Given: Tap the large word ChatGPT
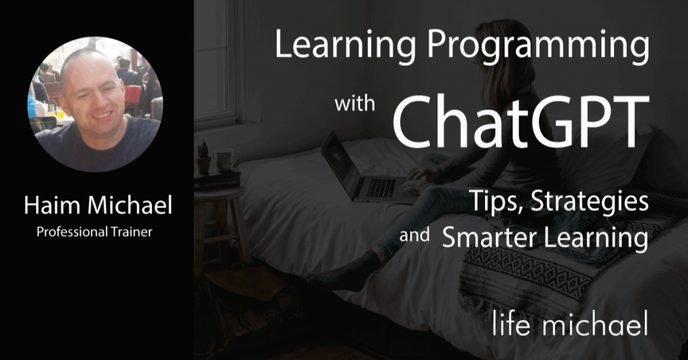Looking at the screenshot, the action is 521,121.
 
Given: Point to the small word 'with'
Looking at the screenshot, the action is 355,103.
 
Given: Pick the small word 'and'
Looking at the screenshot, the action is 414,235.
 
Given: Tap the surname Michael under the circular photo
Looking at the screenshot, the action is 130,205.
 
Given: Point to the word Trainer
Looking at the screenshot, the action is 131,232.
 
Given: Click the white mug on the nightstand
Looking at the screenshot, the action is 224,159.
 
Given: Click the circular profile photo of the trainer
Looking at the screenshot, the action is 95,104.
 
